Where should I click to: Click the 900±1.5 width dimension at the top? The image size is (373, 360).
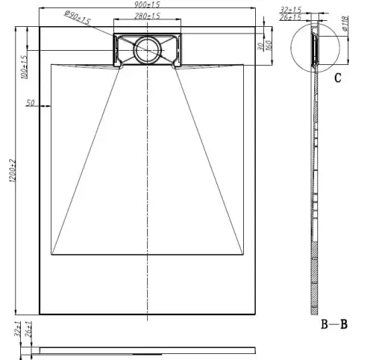(x=148, y=4)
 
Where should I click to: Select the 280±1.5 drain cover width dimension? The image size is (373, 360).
(x=148, y=15)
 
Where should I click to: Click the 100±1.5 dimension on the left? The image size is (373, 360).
(x=23, y=66)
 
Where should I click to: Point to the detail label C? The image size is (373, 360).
(x=338, y=78)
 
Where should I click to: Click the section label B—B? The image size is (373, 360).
(x=335, y=324)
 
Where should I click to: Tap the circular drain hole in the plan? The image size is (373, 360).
(x=147, y=50)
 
